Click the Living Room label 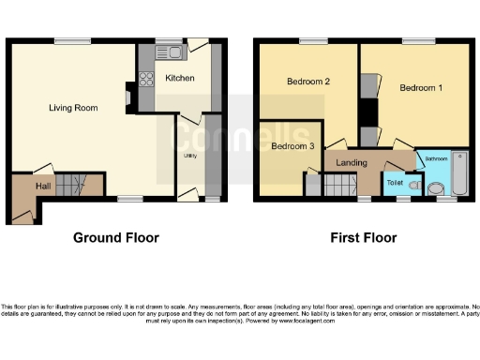click(x=73, y=108)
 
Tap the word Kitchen click(x=179, y=78)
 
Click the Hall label click(x=43, y=187)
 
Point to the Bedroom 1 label click(x=420, y=88)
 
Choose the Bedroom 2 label click(x=308, y=82)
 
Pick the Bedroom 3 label click(x=292, y=146)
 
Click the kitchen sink click(x=173, y=47)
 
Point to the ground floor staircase click(x=71, y=185)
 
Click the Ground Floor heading click(x=116, y=238)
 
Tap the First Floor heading click(x=363, y=238)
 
